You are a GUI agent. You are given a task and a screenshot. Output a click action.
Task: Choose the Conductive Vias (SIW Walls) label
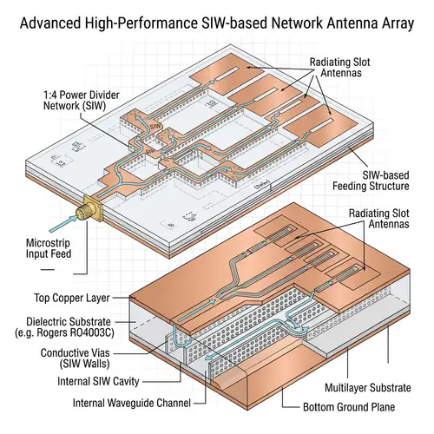pos(68,358)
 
